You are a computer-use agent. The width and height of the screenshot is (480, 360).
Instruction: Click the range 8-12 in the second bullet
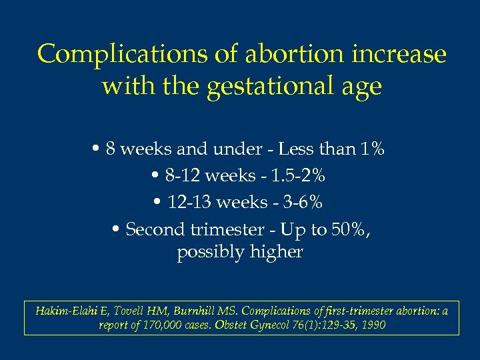pyautogui.click(x=180, y=176)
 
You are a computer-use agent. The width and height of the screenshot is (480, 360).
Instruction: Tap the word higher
pyautogui.click(x=279, y=253)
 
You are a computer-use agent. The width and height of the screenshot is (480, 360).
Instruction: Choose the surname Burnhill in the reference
pyautogui.click(x=200, y=311)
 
